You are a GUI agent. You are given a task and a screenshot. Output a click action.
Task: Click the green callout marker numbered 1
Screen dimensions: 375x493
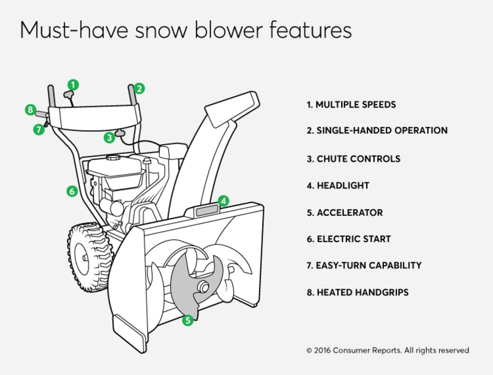click(74, 84)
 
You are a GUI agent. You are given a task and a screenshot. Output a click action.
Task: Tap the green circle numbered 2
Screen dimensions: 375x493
click(139, 88)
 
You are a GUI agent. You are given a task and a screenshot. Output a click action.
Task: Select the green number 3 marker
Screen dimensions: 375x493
click(109, 138)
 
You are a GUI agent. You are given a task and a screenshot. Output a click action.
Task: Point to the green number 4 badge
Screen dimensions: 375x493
click(223, 201)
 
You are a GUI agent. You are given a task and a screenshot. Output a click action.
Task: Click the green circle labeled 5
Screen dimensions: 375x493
click(187, 320)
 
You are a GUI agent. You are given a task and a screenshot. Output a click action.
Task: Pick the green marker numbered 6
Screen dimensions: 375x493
click(73, 191)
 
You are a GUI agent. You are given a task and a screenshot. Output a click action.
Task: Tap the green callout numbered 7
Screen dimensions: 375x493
click(39, 130)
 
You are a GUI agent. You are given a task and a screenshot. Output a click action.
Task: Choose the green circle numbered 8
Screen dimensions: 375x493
click(31, 110)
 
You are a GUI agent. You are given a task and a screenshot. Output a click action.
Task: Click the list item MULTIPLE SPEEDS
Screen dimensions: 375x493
click(351, 104)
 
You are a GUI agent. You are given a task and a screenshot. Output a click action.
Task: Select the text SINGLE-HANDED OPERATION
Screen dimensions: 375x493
click(377, 131)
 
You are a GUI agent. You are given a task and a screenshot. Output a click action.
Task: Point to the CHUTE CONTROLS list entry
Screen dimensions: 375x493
click(353, 159)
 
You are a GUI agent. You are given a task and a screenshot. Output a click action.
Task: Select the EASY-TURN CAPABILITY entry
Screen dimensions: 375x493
click(364, 265)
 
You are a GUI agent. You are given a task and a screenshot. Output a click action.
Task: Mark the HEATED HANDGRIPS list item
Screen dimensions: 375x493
click(357, 292)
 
